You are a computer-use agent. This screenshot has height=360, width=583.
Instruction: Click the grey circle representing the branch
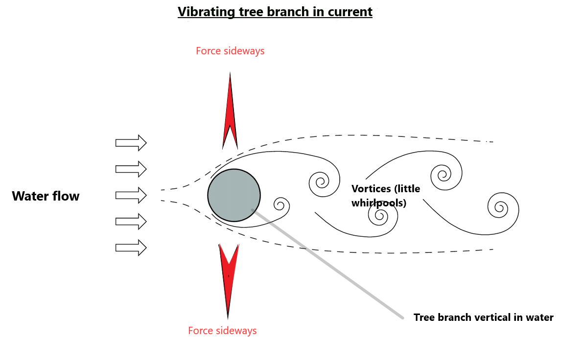[x=234, y=195]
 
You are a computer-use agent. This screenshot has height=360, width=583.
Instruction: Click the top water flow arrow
[x=131, y=142]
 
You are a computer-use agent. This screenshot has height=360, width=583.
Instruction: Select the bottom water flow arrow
[x=131, y=247]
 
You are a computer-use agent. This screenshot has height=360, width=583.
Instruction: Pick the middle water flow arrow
[x=131, y=195]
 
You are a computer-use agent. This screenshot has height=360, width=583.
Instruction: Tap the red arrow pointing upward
[x=230, y=115]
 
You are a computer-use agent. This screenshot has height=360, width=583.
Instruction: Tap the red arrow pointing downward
[x=229, y=276]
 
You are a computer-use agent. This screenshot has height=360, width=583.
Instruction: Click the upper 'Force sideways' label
[x=230, y=51]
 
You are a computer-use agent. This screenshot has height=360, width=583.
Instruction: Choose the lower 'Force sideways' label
[x=222, y=331]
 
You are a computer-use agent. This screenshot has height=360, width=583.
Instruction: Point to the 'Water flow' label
[x=46, y=196]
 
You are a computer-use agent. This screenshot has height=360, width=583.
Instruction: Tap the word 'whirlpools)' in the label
[x=379, y=202]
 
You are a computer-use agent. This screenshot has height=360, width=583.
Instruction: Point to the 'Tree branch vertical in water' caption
[x=483, y=317]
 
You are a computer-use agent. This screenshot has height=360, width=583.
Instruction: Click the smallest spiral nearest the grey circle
[x=281, y=204]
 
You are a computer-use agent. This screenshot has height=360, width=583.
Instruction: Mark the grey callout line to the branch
[x=328, y=264]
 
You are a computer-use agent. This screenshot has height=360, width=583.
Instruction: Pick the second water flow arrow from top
[x=131, y=169]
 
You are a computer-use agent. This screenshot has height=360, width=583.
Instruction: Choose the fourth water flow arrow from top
[x=131, y=221]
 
